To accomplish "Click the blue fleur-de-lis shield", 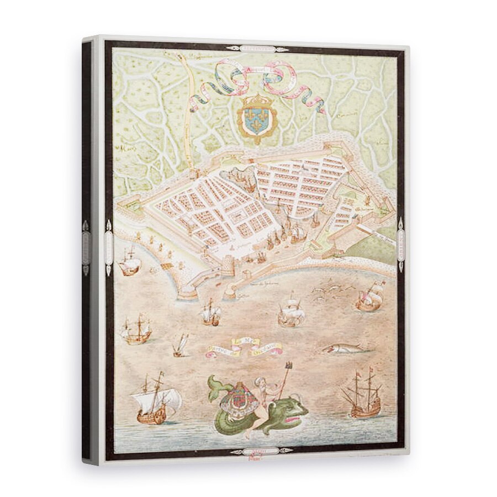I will point(256,121).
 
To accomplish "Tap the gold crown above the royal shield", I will point(256,101).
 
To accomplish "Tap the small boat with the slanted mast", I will point(181,347).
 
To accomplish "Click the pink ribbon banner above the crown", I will point(257,77).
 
